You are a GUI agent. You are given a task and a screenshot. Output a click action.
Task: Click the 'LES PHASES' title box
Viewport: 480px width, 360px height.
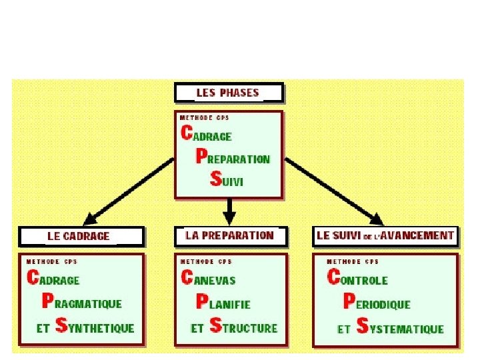click(229, 93)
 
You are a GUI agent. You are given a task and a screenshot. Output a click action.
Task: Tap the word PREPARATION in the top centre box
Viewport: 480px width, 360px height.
click(233, 157)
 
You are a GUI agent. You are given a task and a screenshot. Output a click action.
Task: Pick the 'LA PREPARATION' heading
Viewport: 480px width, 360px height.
click(229, 235)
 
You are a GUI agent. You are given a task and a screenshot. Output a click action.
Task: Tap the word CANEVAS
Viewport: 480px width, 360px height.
click(208, 279)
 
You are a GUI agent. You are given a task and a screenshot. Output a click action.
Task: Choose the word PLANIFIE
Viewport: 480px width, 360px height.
click(223, 303)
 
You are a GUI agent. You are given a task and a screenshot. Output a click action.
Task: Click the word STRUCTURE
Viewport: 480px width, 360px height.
click(243, 327)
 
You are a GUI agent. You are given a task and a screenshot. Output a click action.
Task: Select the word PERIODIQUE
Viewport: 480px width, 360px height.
click(376, 303)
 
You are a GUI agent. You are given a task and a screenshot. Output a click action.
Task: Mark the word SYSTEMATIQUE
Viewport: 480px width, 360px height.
click(400, 327)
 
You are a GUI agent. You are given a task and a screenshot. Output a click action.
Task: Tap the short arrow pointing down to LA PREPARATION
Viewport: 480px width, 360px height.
click(229, 213)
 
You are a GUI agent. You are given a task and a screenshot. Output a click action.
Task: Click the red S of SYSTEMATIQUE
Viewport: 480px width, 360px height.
click(363, 326)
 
